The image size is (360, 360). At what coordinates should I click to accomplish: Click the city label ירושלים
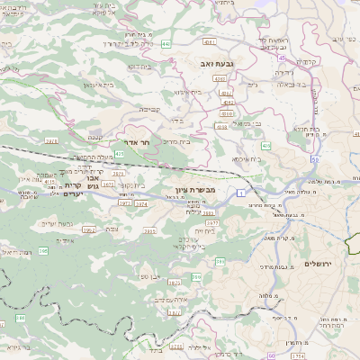319,264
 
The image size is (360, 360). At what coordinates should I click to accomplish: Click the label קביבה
149,107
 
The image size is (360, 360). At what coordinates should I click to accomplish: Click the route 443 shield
166,42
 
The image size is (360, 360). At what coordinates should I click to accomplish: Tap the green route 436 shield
266,145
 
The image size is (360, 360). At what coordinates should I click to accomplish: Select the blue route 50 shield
315,159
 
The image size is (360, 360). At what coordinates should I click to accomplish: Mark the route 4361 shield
210,42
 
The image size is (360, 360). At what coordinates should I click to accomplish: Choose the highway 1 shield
242,193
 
